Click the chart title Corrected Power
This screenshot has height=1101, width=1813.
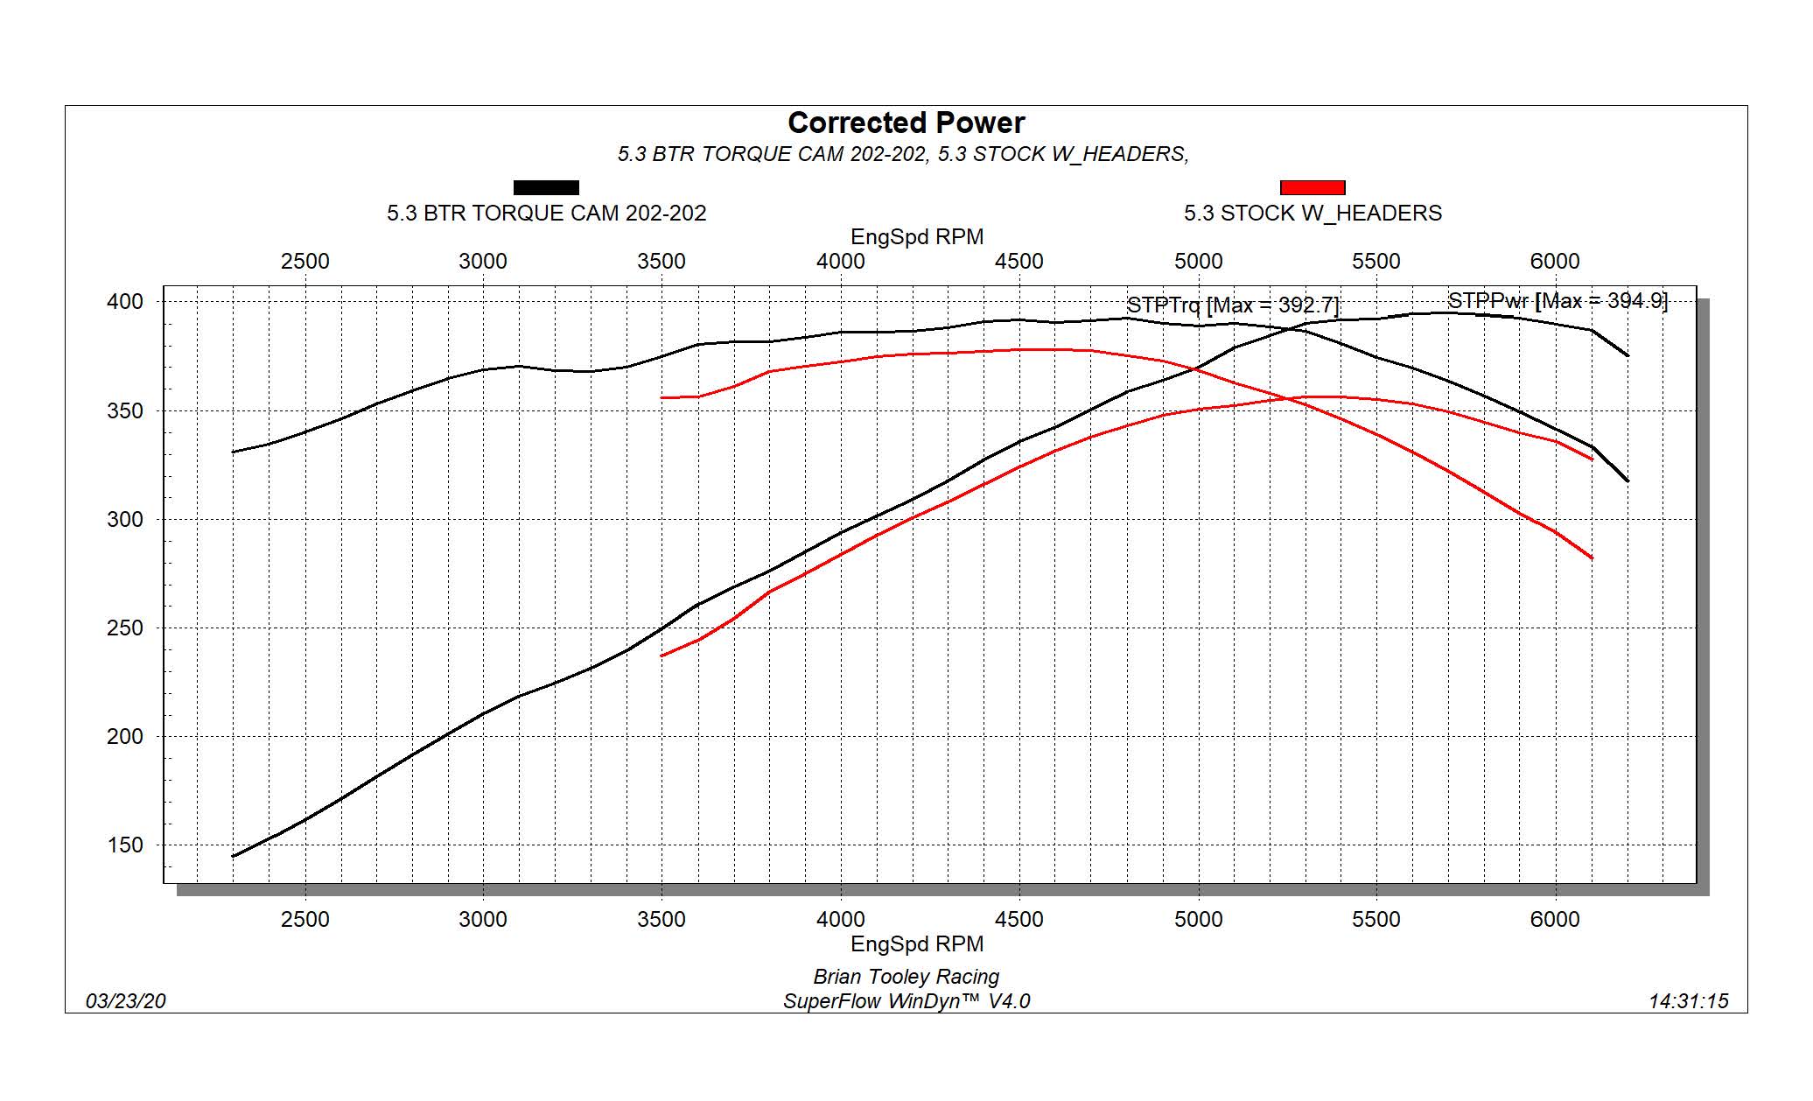(x=906, y=123)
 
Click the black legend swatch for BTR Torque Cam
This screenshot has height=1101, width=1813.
(x=546, y=187)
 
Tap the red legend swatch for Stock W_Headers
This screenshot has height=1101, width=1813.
(x=1312, y=187)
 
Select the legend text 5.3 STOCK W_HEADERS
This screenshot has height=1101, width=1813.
(x=1312, y=214)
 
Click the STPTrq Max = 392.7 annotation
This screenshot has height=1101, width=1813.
(x=1232, y=305)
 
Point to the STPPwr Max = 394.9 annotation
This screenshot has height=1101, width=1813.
(x=1557, y=301)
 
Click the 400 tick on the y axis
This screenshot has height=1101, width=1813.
(x=124, y=302)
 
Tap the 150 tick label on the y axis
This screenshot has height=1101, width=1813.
(x=124, y=845)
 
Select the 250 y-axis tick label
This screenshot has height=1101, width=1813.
(x=124, y=628)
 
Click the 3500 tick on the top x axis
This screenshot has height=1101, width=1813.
(x=661, y=262)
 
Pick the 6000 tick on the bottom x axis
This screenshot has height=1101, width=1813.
(x=1555, y=920)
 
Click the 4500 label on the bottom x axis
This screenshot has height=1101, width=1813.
(x=1018, y=920)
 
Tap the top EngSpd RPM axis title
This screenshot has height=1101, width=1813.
(x=917, y=237)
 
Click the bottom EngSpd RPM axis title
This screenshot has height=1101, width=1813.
(x=917, y=944)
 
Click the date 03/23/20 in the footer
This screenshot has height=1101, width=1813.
(x=125, y=1001)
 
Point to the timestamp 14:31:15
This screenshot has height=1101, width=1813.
(x=1688, y=1001)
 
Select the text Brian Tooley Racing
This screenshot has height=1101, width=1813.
(x=906, y=977)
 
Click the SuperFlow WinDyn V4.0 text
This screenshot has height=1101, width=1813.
(x=906, y=1001)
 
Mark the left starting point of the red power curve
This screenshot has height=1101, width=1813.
(x=662, y=656)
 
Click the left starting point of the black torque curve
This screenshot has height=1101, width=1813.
(x=234, y=452)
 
